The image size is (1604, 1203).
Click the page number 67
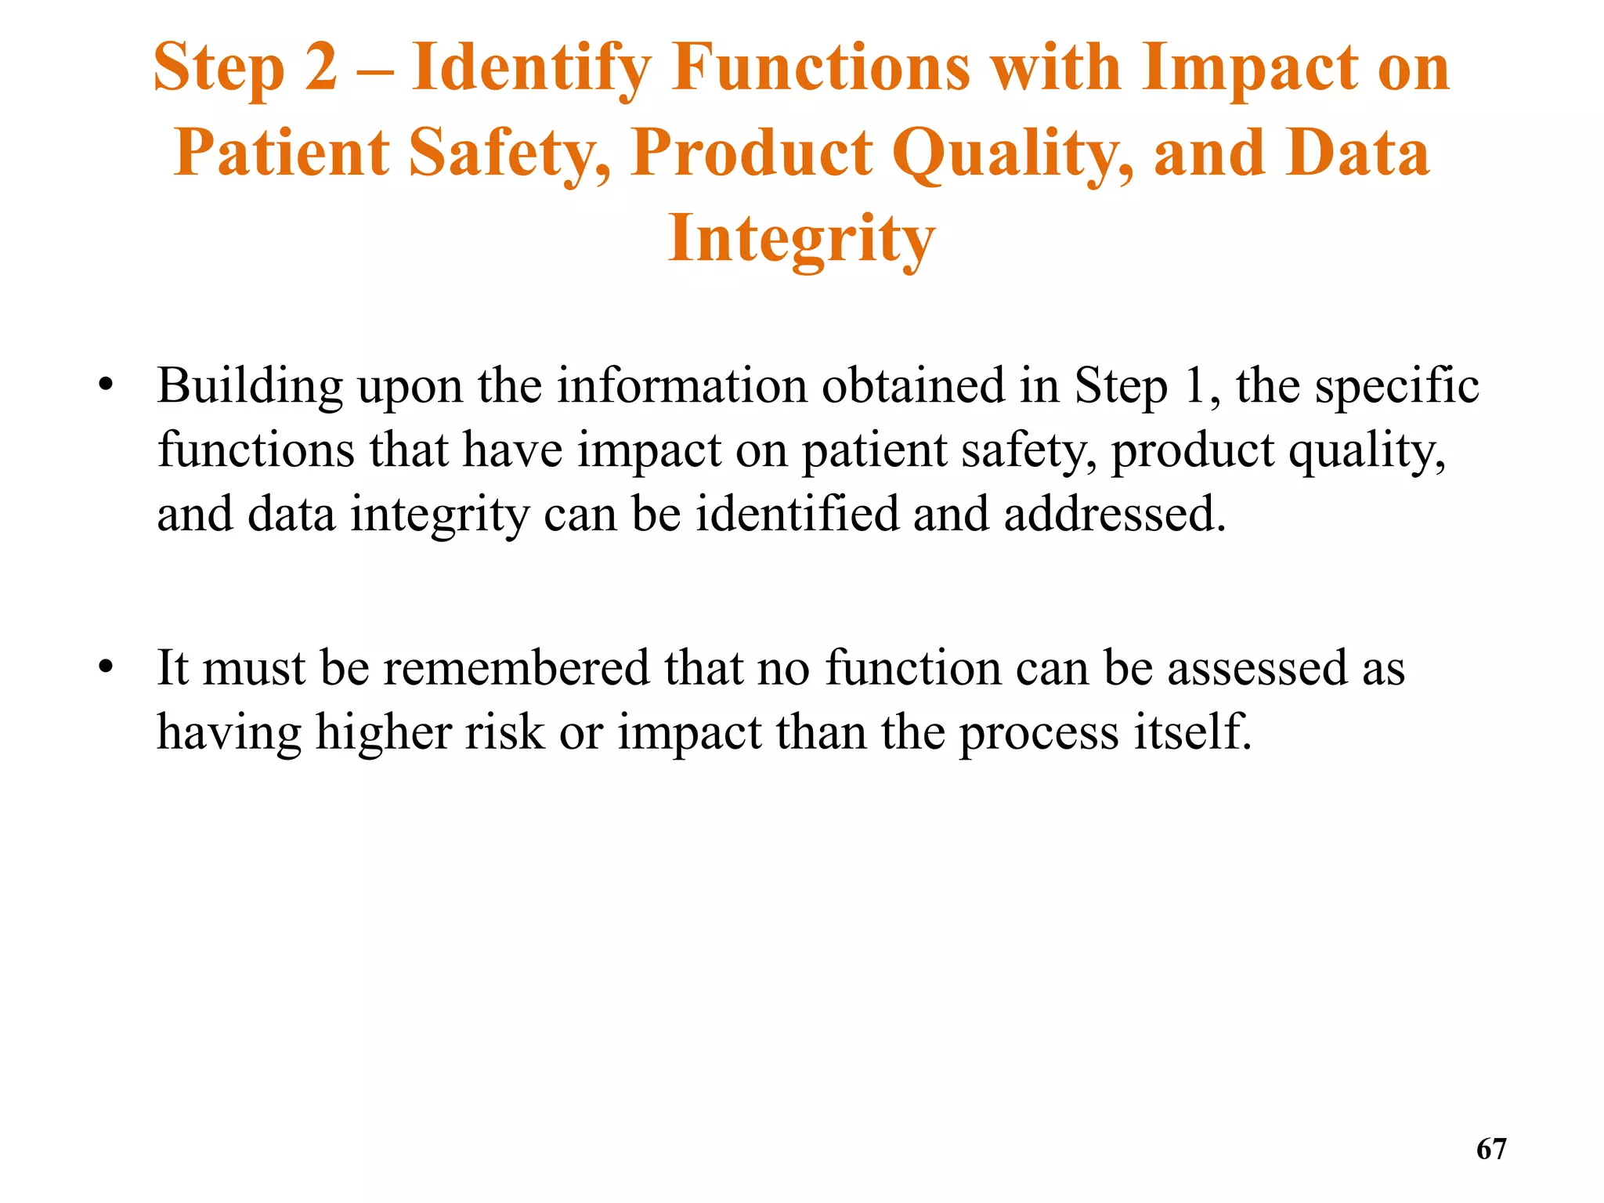1490,1149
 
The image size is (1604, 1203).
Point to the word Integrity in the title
801,240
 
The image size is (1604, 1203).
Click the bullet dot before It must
107,667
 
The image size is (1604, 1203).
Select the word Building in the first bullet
250,387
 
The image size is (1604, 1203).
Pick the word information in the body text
681,385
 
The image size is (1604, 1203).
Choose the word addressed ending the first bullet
1114,514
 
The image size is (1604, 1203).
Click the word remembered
516,667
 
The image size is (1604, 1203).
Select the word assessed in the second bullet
1257,668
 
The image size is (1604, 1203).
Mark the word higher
384,733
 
